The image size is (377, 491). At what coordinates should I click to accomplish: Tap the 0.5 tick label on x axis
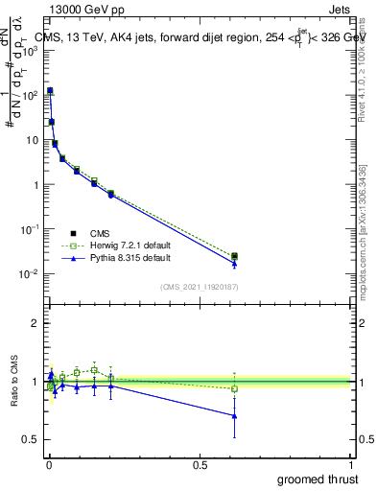coord(200,464)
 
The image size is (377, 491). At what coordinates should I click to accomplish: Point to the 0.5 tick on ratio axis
coord(31,439)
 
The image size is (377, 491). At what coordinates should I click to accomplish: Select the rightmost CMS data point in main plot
coord(234,256)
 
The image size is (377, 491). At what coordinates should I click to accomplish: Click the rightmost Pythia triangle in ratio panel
coord(234,415)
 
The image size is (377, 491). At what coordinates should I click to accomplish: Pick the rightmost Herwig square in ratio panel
coord(234,388)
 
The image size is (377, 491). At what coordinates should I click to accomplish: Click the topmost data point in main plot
coord(50,90)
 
